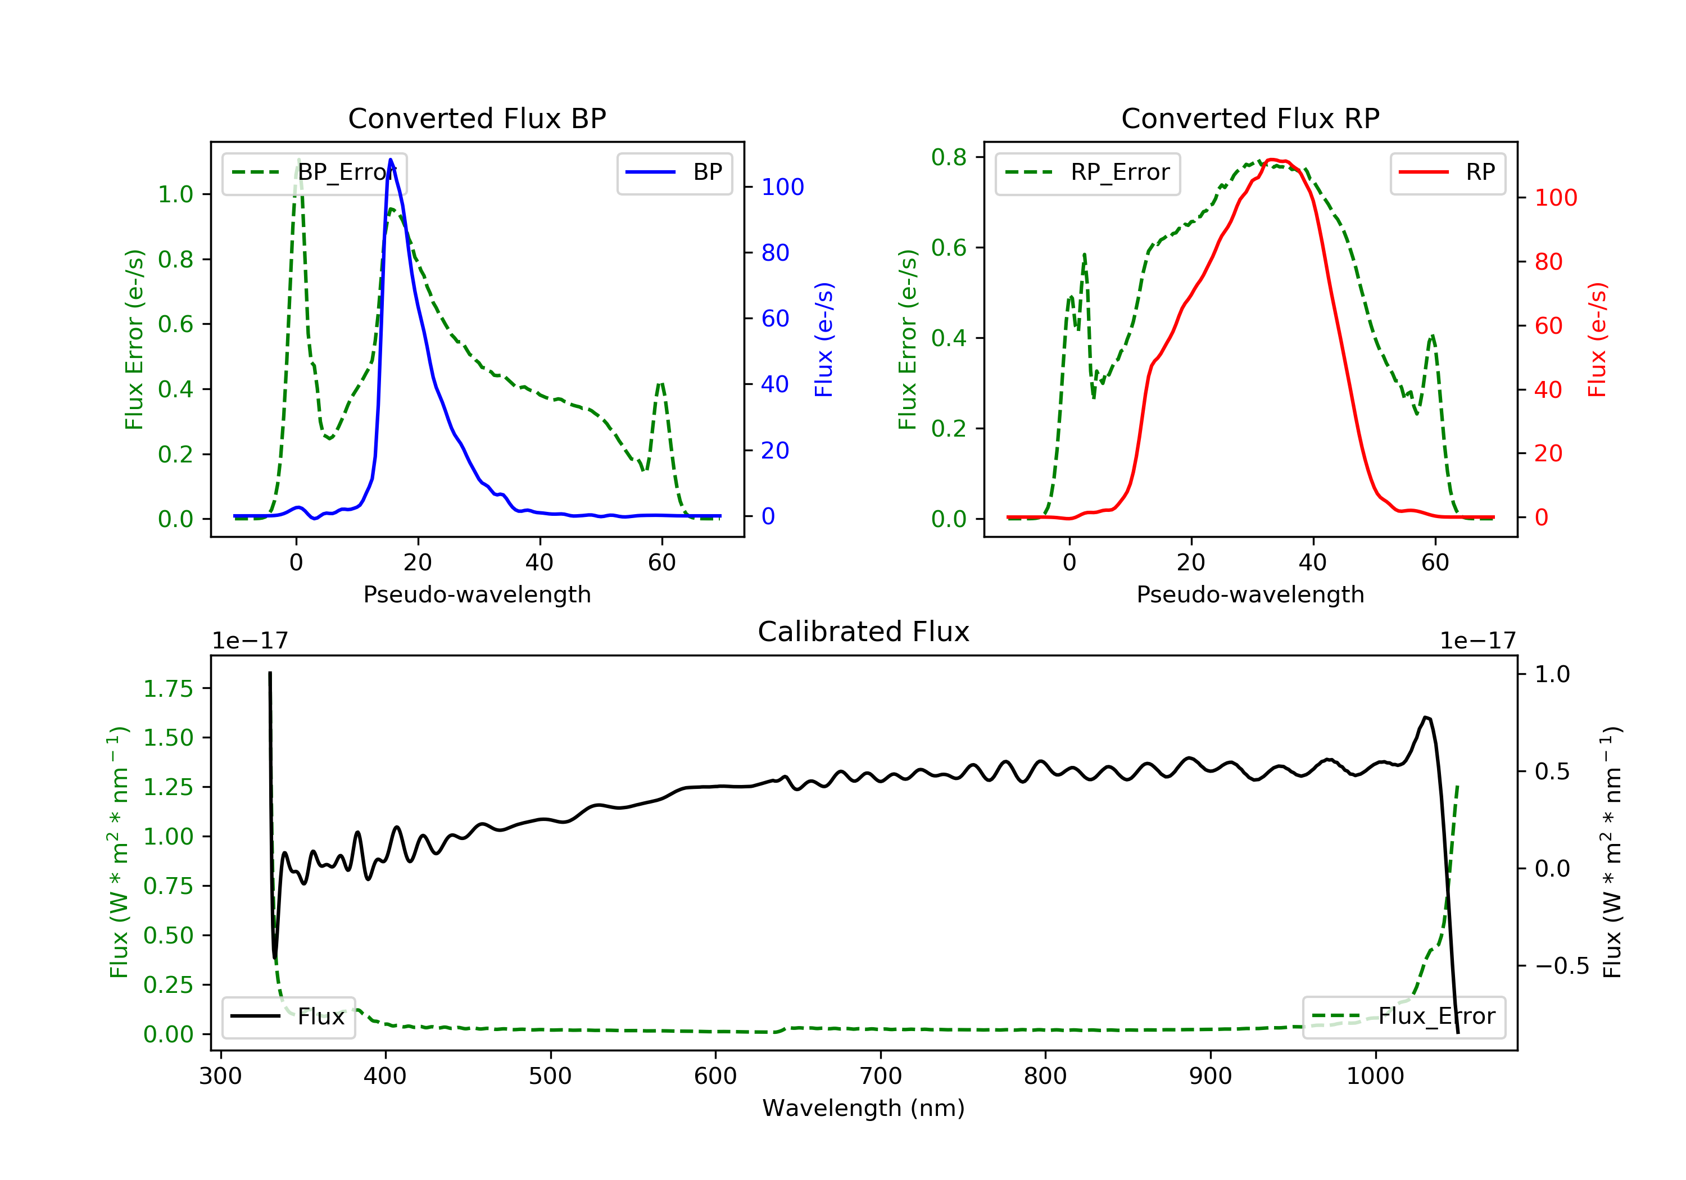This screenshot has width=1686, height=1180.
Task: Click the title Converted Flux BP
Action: click(x=477, y=118)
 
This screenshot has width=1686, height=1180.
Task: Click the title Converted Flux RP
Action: click(x=1250, y=118)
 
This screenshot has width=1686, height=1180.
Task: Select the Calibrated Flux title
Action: click(x=864, y=632)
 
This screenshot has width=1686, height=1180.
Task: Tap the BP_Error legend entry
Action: click(x=314, y=173)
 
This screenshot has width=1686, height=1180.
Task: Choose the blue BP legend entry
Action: click(x=674, y=173)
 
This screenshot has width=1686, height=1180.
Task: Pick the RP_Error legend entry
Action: click(x=1087, y=173)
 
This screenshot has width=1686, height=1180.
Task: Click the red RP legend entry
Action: click(x=1447, y=173)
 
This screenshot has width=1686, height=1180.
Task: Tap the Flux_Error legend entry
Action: click(x=1404, y=1017)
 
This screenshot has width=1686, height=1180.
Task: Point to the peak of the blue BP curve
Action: click(x=391, y=160)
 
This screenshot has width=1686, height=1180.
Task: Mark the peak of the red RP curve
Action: click(x=1271, y=160)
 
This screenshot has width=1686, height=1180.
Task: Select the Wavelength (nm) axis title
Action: click(x=864, y=1108)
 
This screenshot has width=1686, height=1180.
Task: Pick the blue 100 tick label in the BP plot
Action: click(x=783, y=187)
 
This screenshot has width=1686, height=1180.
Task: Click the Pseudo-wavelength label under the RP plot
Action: click(x=1250, y=594)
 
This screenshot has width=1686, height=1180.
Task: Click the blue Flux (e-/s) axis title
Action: click(x=824, y=340)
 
